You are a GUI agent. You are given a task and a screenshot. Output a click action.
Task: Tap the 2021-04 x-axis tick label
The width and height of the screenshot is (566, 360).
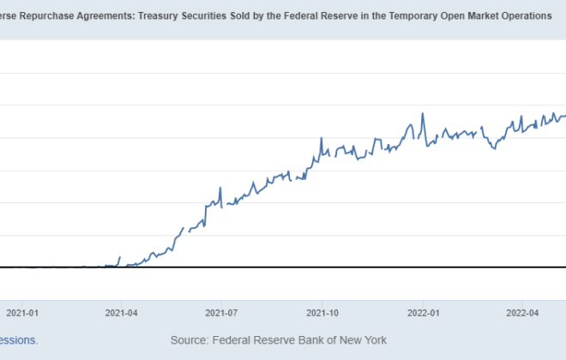click(x=121, y=313)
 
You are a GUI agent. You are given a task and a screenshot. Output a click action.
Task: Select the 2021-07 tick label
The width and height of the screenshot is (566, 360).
click(x=220, y=313)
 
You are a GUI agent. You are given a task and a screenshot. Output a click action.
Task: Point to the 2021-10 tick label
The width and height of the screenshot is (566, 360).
click(x=321, y=313)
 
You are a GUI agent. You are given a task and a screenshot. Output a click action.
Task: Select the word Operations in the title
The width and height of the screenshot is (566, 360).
click(x=523, y=16)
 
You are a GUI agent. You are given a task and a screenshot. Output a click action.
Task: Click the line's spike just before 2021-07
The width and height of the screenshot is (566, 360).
click(x=220, y=188)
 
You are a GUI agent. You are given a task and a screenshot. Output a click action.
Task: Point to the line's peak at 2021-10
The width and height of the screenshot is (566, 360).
click(x=321, y=137)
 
